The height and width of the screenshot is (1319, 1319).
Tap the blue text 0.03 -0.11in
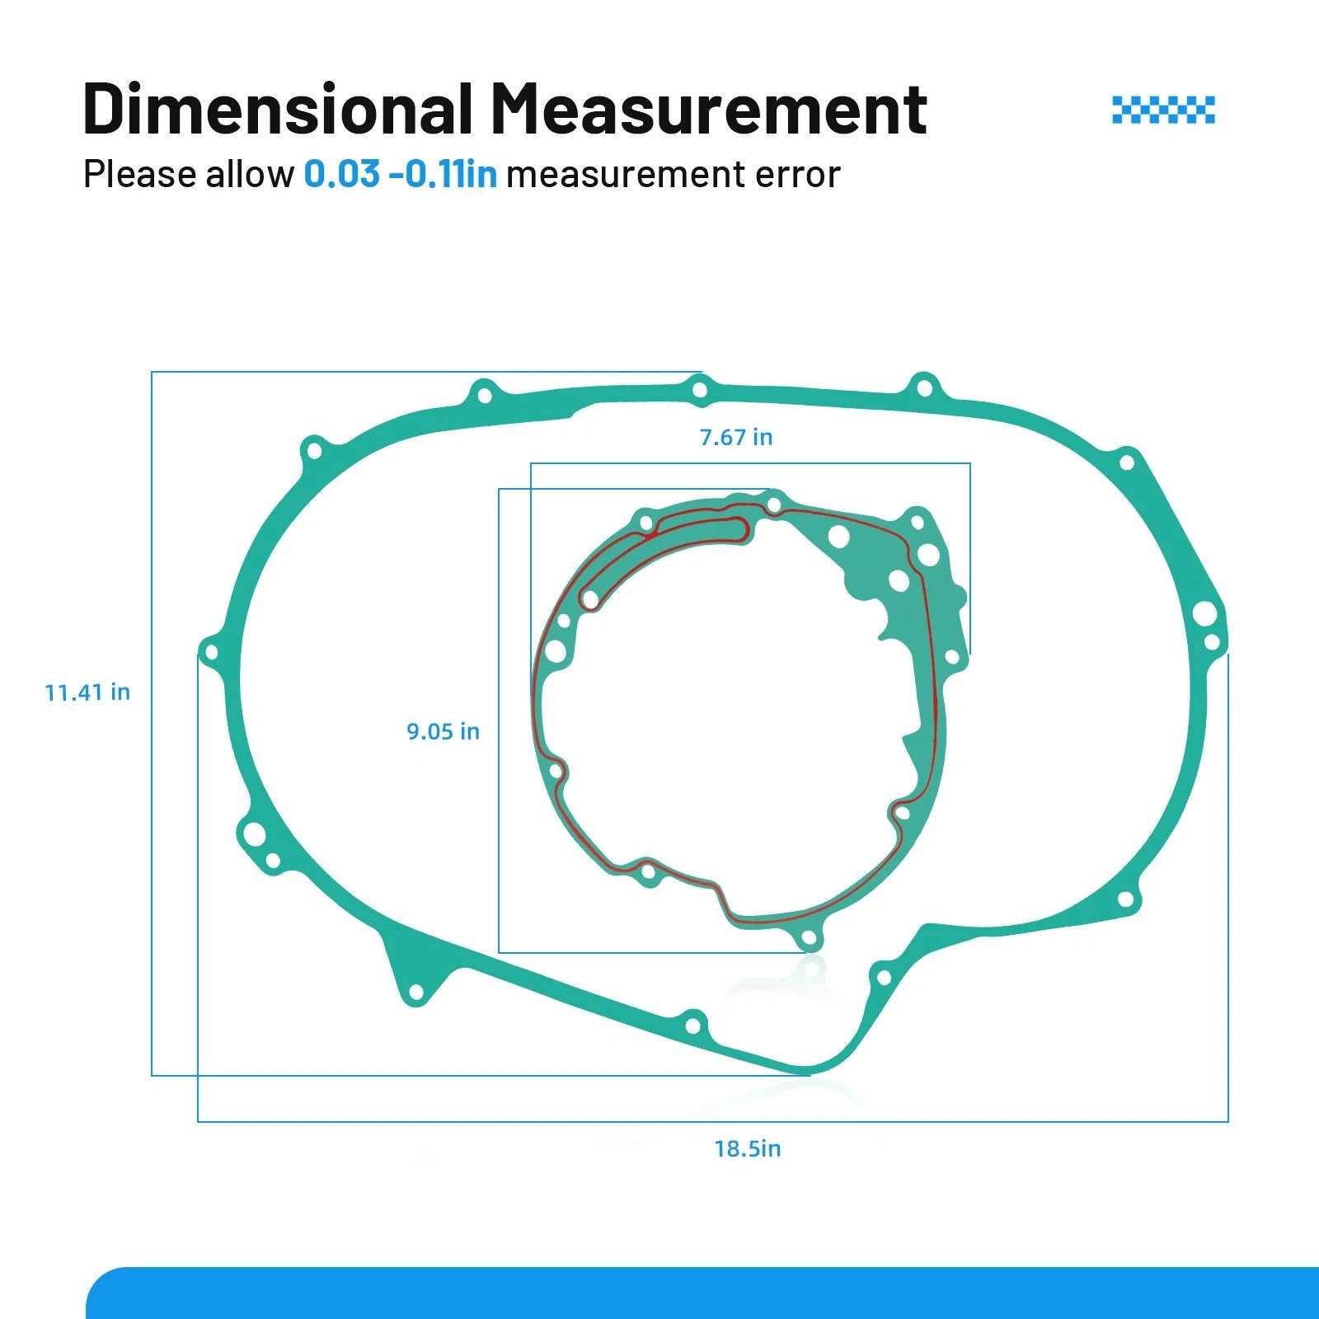401,174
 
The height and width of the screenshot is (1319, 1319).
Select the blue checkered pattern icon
1163,110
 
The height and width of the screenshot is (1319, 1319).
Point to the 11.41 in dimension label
87,692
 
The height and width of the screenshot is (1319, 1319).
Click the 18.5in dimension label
748,1148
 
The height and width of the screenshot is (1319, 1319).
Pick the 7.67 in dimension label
736,437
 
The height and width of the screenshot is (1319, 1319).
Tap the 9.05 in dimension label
443,731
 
